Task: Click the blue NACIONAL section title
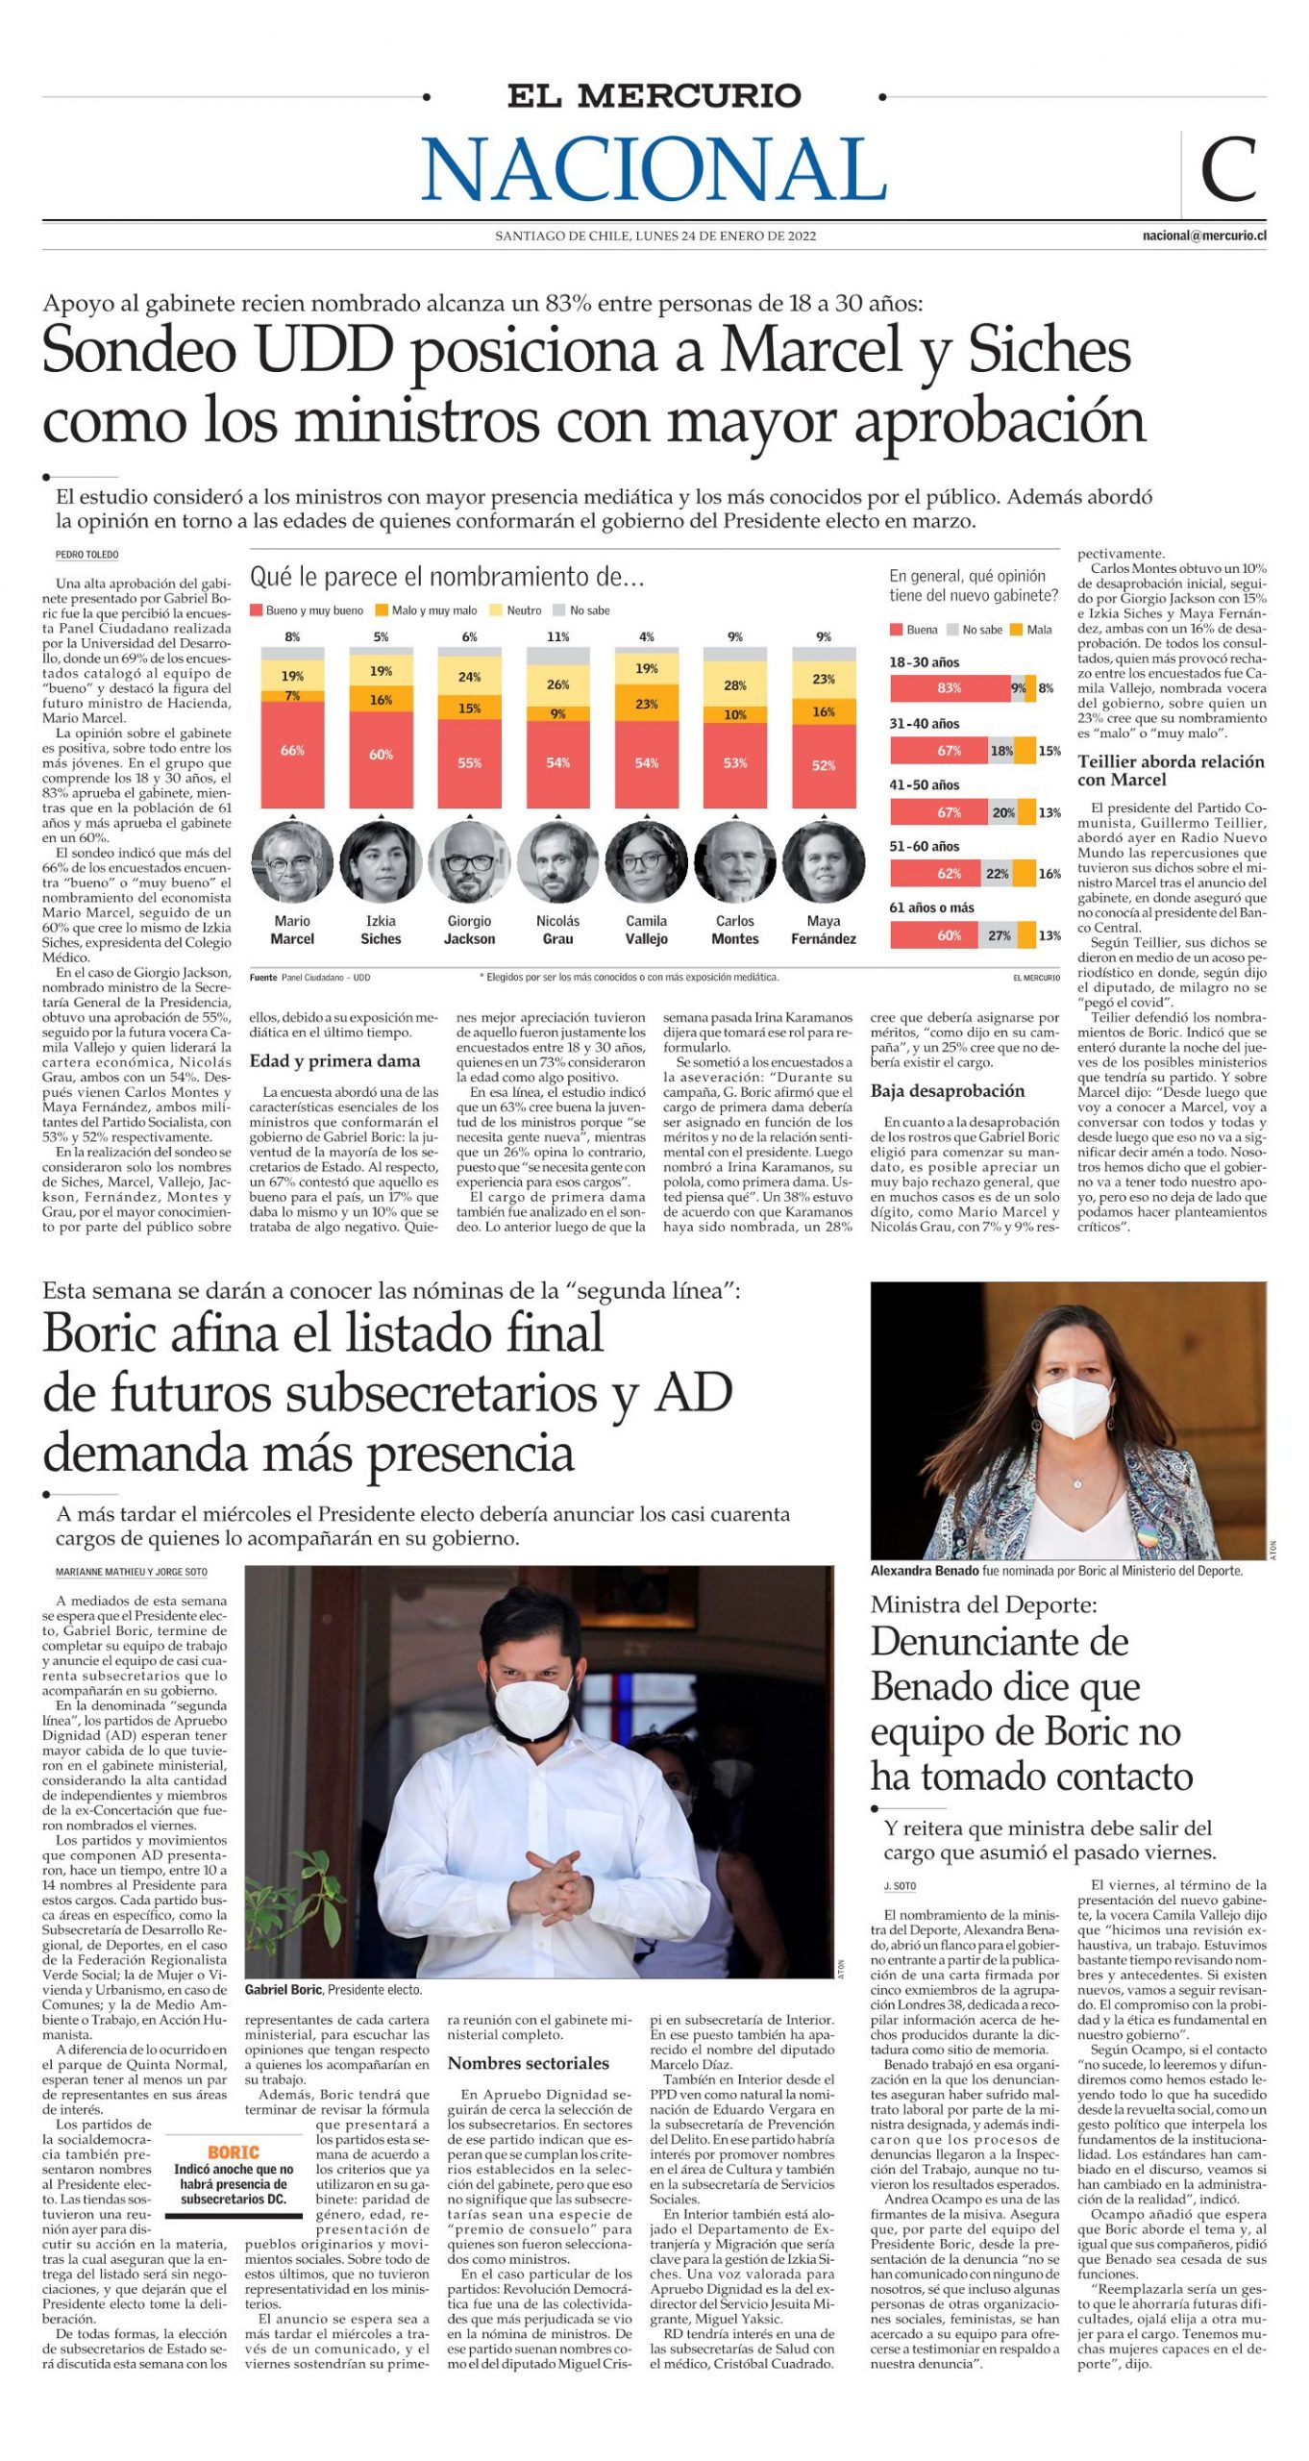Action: coord(654,168)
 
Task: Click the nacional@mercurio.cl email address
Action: coord(1203,236)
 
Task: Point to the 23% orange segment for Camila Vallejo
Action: coord(647,704)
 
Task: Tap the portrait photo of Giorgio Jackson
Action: coord(469,861)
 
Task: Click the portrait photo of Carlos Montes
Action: coord(735,861)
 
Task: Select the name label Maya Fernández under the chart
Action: coord(824,930)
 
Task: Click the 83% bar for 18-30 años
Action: coord(949,688)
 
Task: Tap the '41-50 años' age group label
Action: coord(924,784)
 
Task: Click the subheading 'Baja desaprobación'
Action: coord(948,1091)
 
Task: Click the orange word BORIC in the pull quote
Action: coord(234,2151)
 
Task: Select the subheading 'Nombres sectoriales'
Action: coord(529,2063)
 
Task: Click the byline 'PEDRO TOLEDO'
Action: coord(86,555)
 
